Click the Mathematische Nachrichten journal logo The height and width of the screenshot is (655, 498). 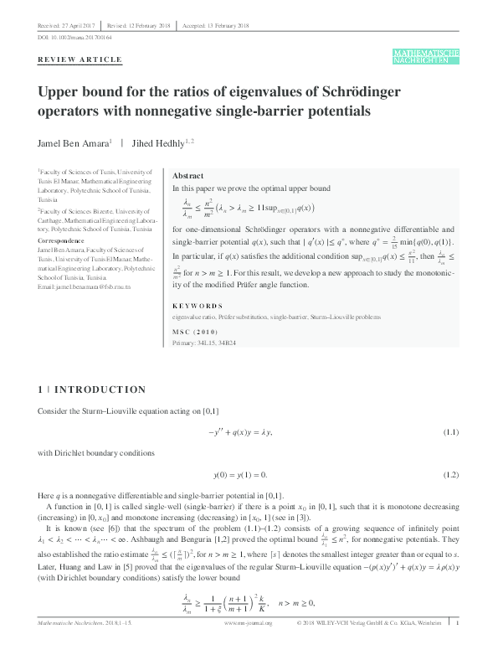(425, 56)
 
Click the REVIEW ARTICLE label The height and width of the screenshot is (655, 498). (80, 59)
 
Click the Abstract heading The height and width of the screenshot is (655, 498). (187, 177)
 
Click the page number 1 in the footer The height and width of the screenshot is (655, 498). (457, 647)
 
